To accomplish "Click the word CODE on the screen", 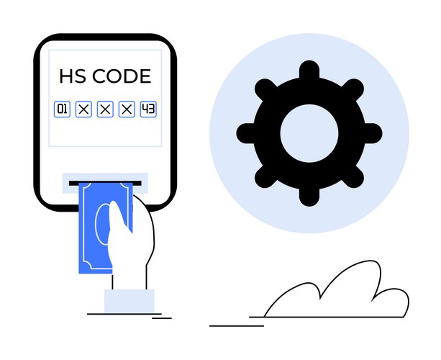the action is (122, 76).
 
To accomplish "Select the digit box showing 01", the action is (62, 109).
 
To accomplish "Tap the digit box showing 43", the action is (148, 109).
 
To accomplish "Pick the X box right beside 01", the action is (83, 109).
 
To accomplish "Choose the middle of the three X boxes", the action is (105, 109).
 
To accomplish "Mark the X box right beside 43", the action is (127, 109).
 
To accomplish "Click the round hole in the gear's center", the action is (309, 133).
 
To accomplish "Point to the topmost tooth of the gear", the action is (309, 70).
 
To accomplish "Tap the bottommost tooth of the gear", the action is (309, 197).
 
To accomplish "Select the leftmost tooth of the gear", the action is (246, 133).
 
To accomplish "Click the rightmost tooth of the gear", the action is (373, 133).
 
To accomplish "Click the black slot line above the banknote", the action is (105, 183).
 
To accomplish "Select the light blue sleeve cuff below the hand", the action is (129, 301).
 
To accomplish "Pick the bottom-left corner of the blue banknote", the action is (78, 274).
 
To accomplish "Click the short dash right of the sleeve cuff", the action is (162, 318).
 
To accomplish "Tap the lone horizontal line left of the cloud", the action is (237, 326).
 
